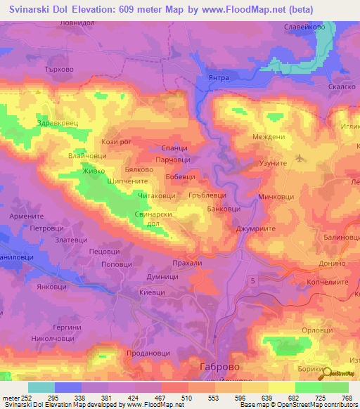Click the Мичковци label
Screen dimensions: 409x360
point(276,197)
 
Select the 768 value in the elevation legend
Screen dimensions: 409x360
point(347,397)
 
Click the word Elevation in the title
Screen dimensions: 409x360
point(93,10)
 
